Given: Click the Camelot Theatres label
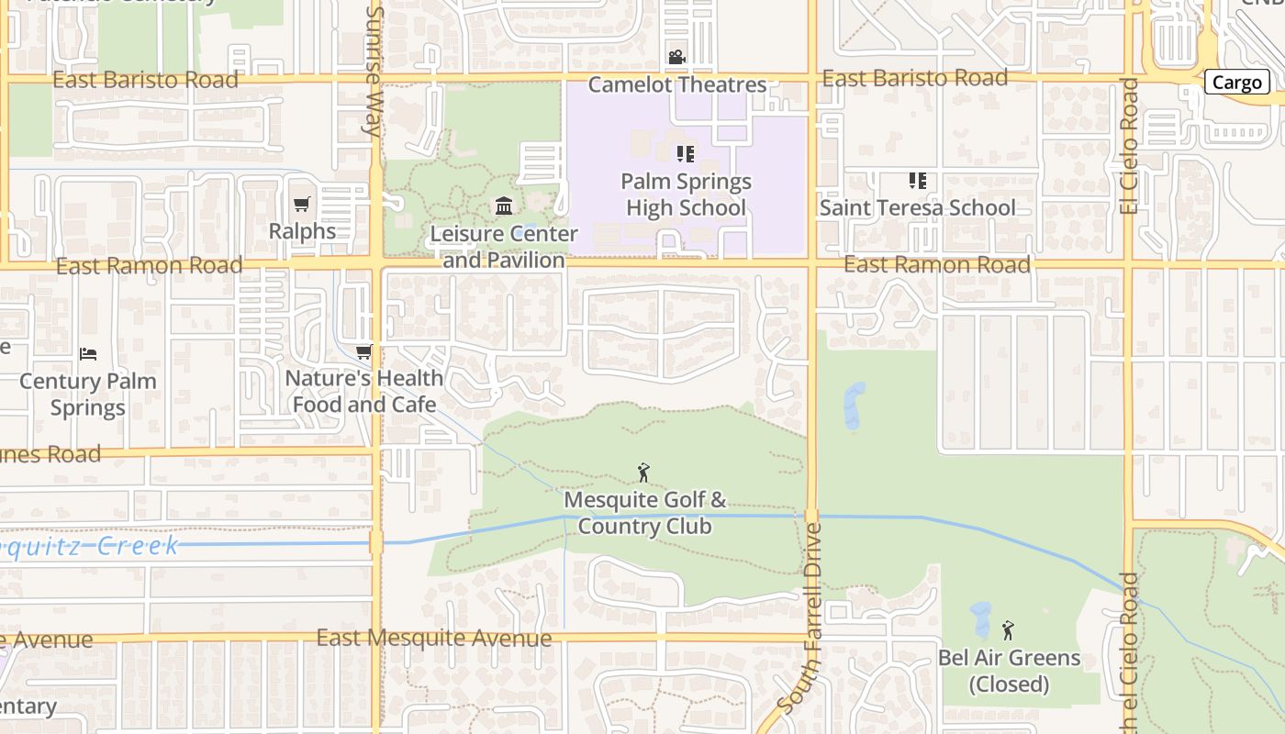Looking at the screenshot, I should [x=677, y=84].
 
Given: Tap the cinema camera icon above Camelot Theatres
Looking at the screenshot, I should [x=676, y=58].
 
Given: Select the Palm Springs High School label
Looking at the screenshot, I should [x=687, y=195].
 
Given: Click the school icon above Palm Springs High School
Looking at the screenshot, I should [x=686, y=153].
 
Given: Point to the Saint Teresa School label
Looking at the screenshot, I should [x=917, y=208].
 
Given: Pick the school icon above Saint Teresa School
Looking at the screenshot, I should [x=917, y=181].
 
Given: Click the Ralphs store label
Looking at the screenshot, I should [x=302, y=230].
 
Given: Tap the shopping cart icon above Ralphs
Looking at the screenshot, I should [x=302, y=204].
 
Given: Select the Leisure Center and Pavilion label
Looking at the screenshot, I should [x=504, y=247].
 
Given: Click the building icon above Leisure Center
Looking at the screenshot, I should [x=504, y=206].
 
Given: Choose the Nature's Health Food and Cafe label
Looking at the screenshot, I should [x=364, y=391].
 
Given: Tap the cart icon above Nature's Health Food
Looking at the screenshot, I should [x=364, y=351].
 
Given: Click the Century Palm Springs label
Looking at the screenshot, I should [x=88, y=394].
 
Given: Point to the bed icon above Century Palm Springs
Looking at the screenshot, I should [x=88, y=353].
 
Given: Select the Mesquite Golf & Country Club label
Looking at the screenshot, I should [x=644, y=513].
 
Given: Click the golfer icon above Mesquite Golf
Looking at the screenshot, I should [x=643, y=473].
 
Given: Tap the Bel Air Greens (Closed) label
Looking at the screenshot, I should [x=1009, y=671].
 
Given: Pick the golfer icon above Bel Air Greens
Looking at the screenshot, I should [x=1008, y=630].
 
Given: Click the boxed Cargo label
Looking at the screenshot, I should [x=1236, y=83].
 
